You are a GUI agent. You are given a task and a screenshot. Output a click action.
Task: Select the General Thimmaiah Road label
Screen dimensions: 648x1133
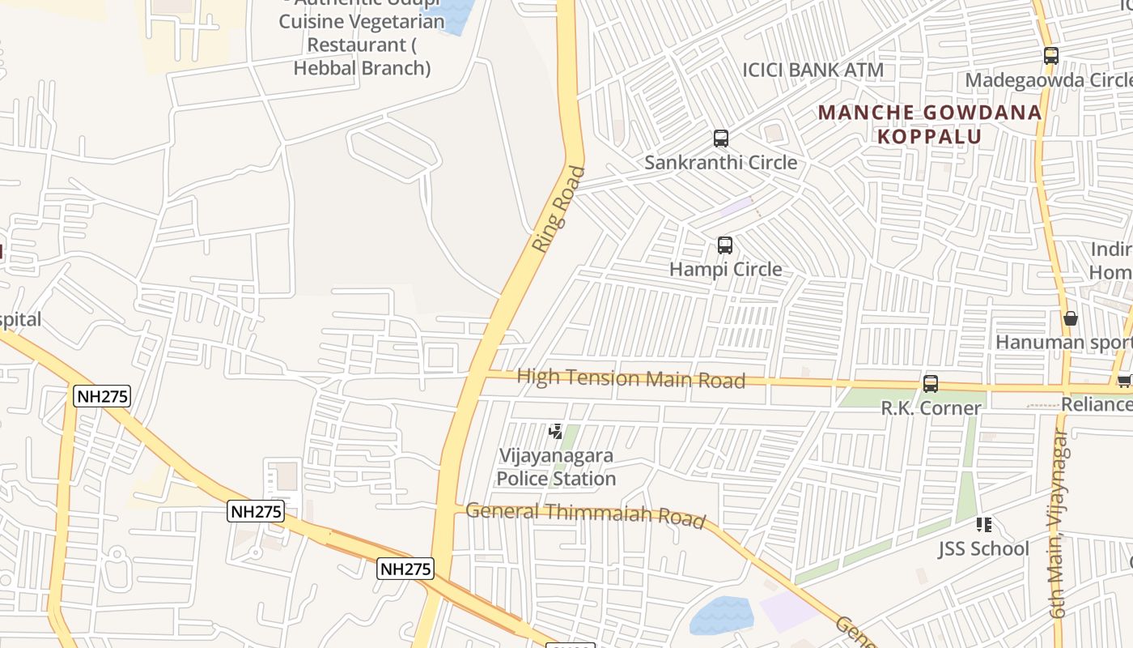(585, 514)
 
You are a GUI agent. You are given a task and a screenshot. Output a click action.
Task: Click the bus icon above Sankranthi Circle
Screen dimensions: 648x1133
(720, 139)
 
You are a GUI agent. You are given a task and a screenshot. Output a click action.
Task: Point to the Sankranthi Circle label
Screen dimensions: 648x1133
(720, 162)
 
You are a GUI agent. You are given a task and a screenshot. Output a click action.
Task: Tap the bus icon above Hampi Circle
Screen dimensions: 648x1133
(725, 245)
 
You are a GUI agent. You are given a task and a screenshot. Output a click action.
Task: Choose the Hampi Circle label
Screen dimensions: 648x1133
(725, 269)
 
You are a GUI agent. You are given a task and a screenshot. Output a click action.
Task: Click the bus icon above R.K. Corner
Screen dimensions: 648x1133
(931, 384)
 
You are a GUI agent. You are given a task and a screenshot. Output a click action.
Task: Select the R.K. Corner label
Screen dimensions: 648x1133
(931, 407)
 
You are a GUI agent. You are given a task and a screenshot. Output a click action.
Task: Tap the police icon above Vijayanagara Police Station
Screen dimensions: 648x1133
(555, 432)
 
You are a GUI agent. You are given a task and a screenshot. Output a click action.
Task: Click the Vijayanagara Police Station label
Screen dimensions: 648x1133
(556, 467)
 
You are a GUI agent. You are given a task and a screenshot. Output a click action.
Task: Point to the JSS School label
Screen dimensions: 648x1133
(983, 548)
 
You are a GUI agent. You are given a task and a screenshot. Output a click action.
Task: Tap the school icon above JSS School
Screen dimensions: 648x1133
(984, 525)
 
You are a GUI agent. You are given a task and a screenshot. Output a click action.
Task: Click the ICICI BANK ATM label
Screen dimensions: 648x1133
(813, 70)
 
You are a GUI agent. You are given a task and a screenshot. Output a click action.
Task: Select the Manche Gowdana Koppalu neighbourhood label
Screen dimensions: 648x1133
(930, 124)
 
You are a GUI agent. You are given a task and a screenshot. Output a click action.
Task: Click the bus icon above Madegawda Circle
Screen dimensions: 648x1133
(1050, 56)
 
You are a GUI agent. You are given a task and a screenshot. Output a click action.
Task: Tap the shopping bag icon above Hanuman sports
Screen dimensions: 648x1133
(1071, 318)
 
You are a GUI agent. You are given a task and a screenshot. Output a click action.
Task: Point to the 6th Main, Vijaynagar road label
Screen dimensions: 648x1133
(1059, 523)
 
